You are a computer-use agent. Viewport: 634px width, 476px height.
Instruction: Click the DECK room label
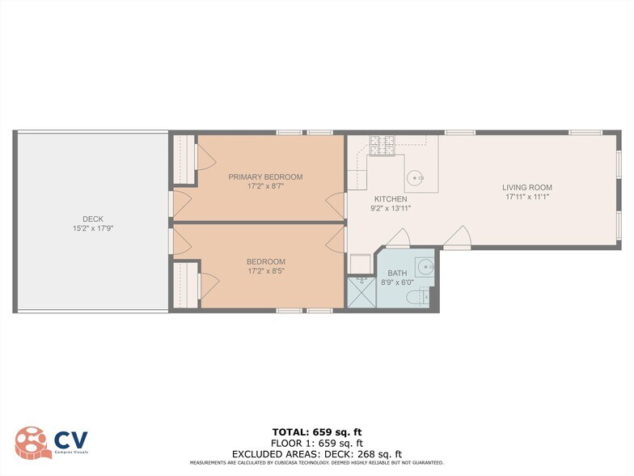coord(92,219)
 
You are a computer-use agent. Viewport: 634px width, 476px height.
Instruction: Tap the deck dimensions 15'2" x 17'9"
coord(92,228)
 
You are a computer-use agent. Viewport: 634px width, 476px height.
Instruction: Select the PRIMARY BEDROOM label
coord(265,177)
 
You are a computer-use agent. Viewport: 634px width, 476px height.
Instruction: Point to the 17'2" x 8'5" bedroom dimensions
coord(265,271)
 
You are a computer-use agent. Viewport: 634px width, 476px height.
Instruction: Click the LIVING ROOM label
coord(526,188)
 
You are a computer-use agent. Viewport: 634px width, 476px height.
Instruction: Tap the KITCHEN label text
coord(390,199)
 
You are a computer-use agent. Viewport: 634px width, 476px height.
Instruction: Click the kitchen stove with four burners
coord(381,145)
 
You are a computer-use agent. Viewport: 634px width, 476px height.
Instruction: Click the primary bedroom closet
coord(184,159)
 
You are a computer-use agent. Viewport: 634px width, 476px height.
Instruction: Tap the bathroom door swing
coord(397,240)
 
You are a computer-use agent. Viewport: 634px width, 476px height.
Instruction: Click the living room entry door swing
coord(459,239)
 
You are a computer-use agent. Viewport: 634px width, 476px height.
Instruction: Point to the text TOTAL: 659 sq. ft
coord(316,431)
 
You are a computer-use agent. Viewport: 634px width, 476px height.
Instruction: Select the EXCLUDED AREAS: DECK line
coord(316,454)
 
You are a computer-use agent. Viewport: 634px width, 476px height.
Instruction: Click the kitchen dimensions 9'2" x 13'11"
coord(390,209)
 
